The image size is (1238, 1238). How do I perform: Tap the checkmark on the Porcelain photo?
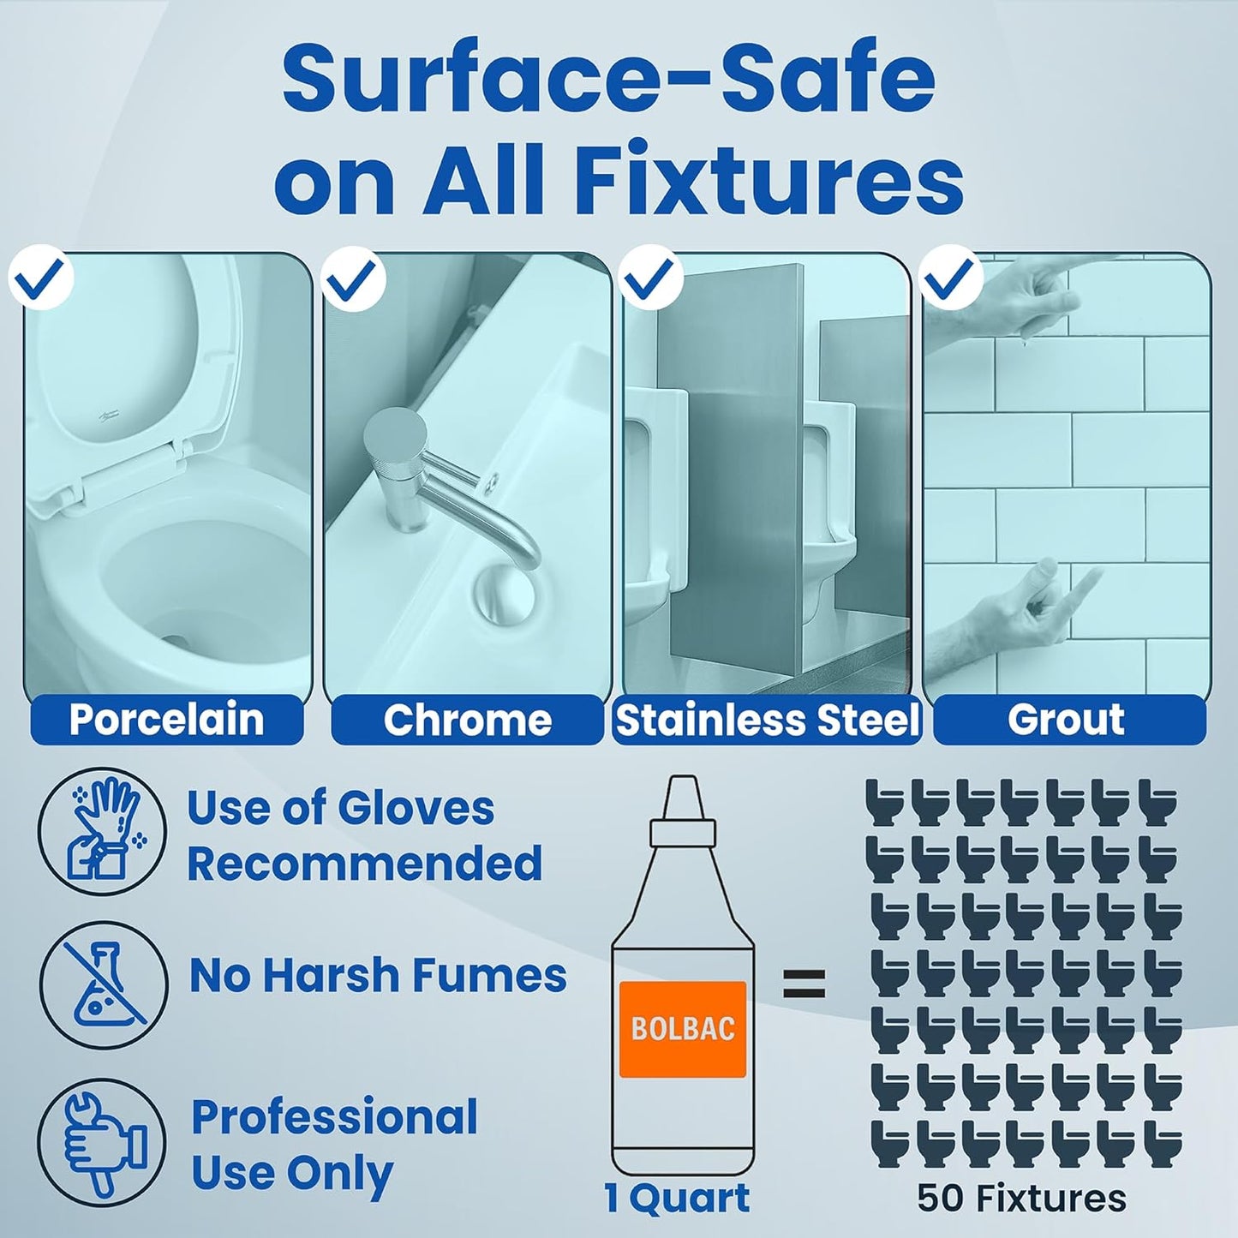[41, 278]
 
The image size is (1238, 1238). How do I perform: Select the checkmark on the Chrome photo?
[353, 278]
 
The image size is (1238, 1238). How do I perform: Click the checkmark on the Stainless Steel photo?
[651, 278]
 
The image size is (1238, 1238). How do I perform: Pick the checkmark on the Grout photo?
[952, 278]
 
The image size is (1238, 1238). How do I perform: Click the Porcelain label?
[167, 719]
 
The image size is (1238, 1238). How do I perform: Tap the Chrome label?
[467, 719]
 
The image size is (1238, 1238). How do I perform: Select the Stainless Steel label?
[767, 719]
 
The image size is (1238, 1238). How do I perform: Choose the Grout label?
[1066, 719]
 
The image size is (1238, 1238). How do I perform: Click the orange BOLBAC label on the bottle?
[682, 1029]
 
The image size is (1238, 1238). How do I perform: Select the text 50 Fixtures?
[1021, 1198]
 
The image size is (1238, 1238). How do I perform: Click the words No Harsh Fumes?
[378, 976]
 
